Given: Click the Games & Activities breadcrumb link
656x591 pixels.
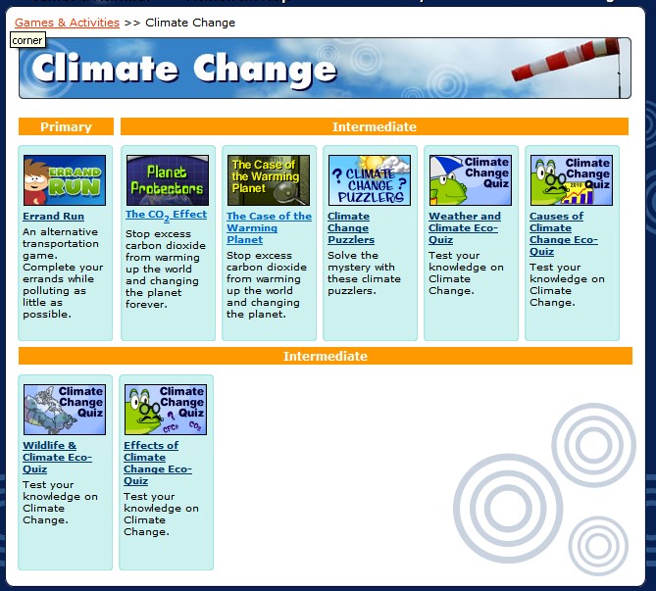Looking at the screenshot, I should [67, 23].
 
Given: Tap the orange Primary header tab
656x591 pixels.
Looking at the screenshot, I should [66, 126].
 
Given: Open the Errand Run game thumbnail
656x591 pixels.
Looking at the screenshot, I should [65, 179].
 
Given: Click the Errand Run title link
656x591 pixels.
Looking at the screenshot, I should [53, 217].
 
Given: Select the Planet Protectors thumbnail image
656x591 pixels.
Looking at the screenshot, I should [167, 179].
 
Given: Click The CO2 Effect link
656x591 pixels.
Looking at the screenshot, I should [166, 215].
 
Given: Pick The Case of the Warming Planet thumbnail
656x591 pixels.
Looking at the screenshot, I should [268, 179].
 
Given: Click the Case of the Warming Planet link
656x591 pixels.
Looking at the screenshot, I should [268, 227].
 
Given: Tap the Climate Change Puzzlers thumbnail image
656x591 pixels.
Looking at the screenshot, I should [369, 179].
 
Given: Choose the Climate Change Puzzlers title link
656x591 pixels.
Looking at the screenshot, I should [350, 227].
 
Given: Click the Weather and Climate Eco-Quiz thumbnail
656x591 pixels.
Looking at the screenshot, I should [470, 179].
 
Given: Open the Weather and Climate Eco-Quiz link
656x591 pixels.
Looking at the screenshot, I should [464, 227].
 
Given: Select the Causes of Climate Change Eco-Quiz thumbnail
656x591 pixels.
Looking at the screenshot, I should [571, 179].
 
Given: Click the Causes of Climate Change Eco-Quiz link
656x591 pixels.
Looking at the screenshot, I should [556, 233].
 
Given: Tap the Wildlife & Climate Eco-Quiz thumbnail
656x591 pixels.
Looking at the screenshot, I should [65, 409].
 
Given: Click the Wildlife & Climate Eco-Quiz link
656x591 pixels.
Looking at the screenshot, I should [58, 451].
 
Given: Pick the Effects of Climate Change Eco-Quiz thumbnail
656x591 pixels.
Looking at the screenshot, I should [165, 409].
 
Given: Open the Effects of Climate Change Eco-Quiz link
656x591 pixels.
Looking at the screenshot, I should [157, 463].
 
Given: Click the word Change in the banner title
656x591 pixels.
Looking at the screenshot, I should [265, 69].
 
